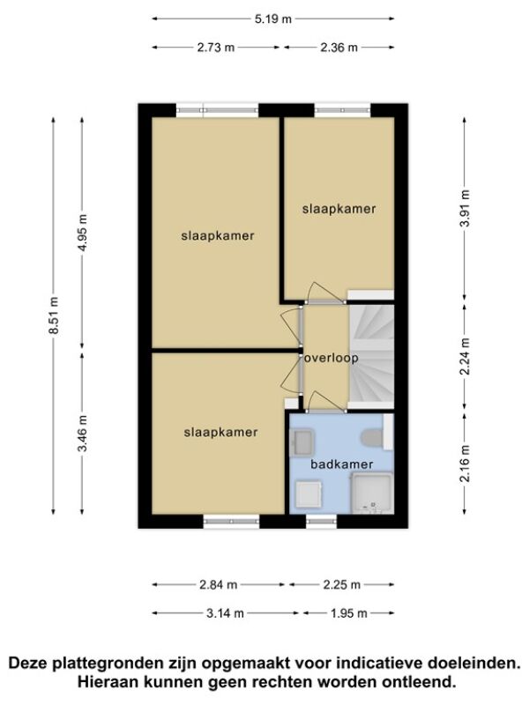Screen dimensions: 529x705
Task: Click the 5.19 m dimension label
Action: pyautogui.click(x=273, y=19)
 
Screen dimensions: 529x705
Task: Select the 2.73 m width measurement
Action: pyautogui.click(x=216, y=48)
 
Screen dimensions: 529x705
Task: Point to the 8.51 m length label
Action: pyautogui.click(x=54, y=315)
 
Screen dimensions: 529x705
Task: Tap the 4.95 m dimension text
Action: pyautogui.click(x=83, y=233)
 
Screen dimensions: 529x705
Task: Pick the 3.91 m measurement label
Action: pyautogui.click(x=466, y=208)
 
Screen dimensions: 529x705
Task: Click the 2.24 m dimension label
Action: pyautogui.click(x=466, y=356)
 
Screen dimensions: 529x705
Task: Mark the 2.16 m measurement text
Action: pyautogui.click(x=466, y=464)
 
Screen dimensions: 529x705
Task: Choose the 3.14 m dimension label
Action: pyautogui.click(x=225, y=612)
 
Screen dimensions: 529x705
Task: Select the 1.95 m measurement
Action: pyautogui.click(x=349, y=612)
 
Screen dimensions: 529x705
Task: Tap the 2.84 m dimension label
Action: pyautogui.click(x=218, y=584)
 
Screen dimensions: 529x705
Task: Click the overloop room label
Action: pyautogui.click(x=332, y=358)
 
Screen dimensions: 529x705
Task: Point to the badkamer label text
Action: pyautogui.click(x=342, y=464)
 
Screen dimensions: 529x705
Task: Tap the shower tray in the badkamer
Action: pyautogui.click(x=372, y=493)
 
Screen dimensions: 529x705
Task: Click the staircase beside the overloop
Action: pyautogui.click(x=372, y=357)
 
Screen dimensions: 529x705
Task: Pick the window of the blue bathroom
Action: pyautogui.click(x=321, y=521)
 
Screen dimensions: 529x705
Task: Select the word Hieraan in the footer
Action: pyautogui.click(x=108, y=681)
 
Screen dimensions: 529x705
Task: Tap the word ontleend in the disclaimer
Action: pyautogui.click(x=418, y=681)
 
